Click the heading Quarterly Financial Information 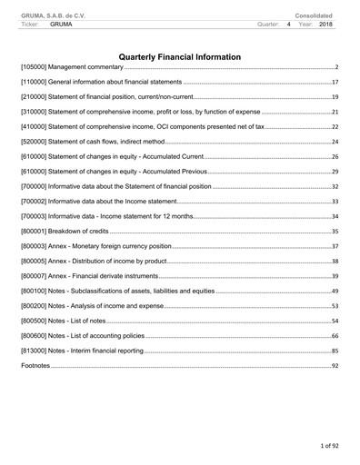coord(180,57)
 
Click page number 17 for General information coord(335,83)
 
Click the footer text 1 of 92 coord(327,447)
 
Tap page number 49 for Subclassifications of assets coord(335,291)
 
